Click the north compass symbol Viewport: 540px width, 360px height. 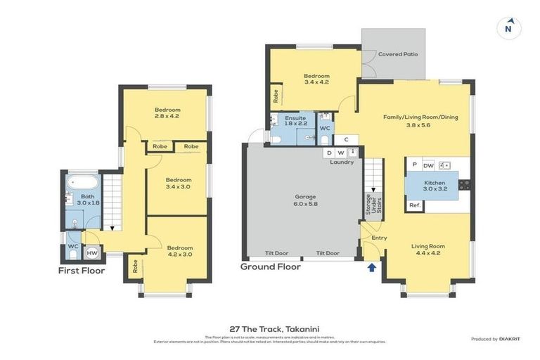[508, 29]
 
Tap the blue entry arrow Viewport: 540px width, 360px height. [371, 266]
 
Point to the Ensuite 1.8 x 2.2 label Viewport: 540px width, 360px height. [295, 121]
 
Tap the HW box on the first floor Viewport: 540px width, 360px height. [92, 252]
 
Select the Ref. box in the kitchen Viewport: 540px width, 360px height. [414, 205]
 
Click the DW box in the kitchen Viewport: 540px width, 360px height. [428, 165]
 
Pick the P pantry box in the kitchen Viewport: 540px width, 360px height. [414, 165]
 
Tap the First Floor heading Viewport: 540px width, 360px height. [82, 271]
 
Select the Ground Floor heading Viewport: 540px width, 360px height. [270, 267]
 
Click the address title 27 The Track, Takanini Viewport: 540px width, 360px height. [270, 328]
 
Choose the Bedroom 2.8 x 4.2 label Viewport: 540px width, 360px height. [167, 113]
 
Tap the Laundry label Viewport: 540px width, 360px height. [342, 162]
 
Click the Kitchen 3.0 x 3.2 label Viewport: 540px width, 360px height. [435, 186]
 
